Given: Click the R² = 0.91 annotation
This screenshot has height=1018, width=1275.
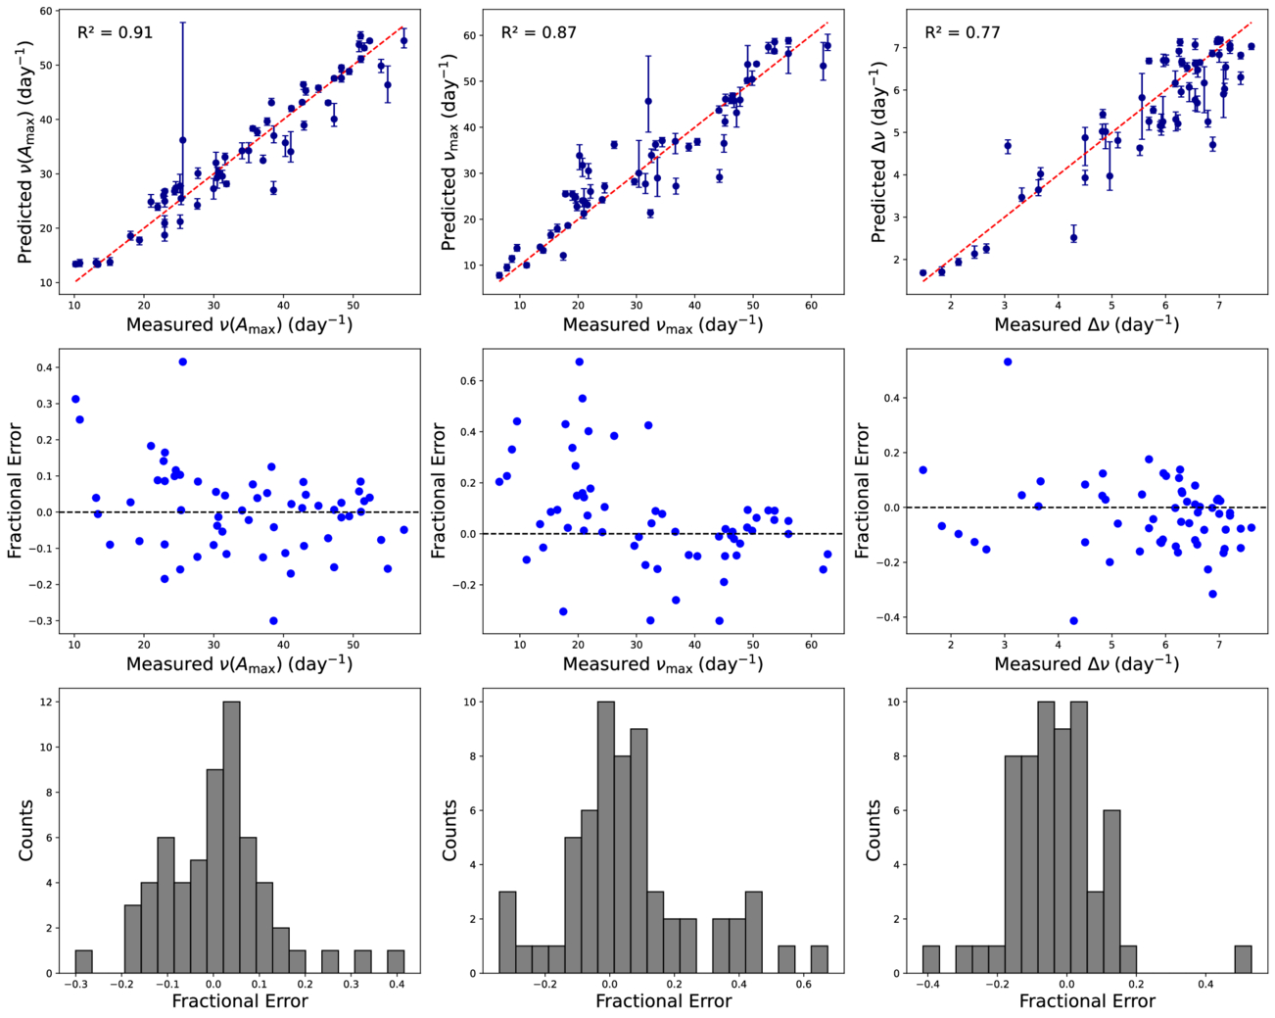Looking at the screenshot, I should tap(115, 32).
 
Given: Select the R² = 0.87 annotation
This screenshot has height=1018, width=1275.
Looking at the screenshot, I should tap(539, 32).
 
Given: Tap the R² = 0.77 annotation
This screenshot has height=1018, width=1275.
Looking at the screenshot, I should tap(963, 32).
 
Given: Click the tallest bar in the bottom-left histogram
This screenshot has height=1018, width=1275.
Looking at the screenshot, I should tap(231, 837).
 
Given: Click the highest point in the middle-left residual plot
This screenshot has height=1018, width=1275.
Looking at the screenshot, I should tap(182, 362).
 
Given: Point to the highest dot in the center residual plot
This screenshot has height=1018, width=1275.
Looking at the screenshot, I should tap(579, 362).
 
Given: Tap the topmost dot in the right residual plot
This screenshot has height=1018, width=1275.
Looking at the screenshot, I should tap(1008, 362).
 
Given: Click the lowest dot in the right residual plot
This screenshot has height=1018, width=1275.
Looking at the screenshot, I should tap(1073, 620).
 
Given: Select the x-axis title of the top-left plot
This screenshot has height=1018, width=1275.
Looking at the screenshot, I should tap(239, 324).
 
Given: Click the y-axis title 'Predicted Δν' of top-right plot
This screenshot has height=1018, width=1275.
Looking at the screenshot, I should tap(878, 152).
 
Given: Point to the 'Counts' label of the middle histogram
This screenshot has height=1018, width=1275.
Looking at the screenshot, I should tap(449, 830).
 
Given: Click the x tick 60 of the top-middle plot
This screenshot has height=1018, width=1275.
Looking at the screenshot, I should tap(811, 307).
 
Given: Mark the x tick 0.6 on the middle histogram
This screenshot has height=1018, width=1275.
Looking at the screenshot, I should tap(803, 984).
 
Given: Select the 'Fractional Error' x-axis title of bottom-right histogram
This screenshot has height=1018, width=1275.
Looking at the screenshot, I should tap(1087, 1001).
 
